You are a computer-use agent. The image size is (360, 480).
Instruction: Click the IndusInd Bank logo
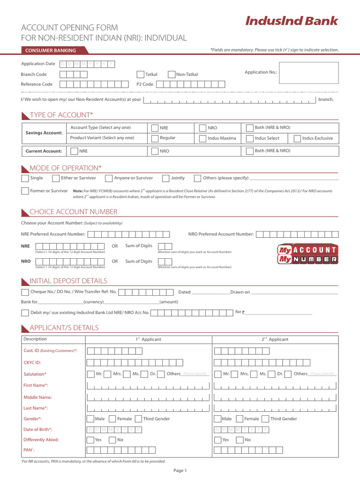tap(292, 21)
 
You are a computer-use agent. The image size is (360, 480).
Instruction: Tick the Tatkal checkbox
tap(141, 75)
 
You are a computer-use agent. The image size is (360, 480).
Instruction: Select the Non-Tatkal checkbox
tap(172, 75)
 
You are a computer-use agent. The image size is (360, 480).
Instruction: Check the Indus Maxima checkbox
tap(202, 138)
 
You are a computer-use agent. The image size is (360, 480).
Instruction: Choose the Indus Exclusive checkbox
tap(297, 138)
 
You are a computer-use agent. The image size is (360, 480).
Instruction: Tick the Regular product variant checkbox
tap(155, 138)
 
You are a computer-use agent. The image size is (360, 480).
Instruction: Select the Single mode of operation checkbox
tap(25, 178)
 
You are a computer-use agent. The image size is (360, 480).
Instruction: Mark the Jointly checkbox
tap(166, 178)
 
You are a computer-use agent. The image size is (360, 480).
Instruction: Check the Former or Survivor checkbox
tap(25, 191)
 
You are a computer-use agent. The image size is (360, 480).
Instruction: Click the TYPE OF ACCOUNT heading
tap(61, 115)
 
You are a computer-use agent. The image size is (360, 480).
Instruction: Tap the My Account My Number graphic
tap(307, 254)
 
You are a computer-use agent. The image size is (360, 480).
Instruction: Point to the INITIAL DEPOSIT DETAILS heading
tap(68, 281)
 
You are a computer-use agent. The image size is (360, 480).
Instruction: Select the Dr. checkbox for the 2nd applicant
tap(272, 374)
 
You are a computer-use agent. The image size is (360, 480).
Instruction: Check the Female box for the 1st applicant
tap(112, 419)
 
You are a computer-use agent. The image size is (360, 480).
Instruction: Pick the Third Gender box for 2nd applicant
tap(265, 419)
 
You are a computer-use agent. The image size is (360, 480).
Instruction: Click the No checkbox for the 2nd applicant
tap(240, 440)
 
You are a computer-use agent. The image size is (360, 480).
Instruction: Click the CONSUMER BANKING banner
tap(51, 50)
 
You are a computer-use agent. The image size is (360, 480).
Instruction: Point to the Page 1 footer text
tap(180, 471)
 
